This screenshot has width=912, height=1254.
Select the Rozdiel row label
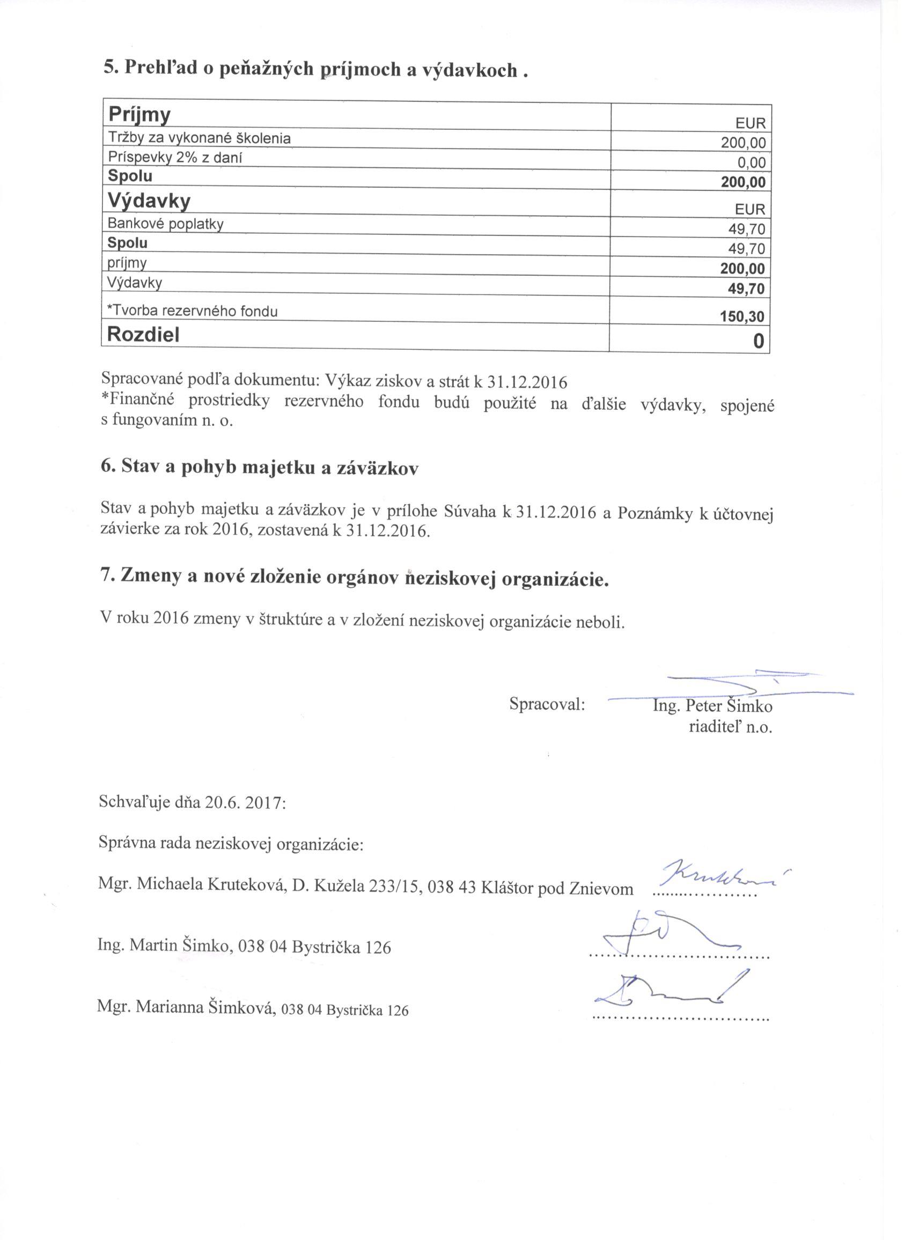143,335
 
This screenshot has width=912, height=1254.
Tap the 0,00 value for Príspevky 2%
751,163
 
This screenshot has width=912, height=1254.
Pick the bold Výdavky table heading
149,201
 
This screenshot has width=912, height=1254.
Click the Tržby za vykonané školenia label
199,138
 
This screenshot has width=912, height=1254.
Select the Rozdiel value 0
758,341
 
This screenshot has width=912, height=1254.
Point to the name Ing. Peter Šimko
712,706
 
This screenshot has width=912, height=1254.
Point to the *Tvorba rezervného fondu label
193,311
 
